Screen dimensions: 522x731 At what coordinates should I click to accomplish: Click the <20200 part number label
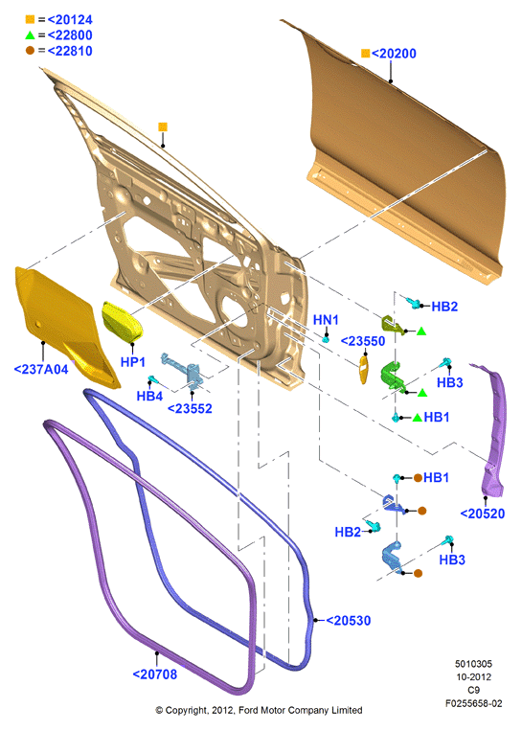pyautogui.click(x=394, y=54)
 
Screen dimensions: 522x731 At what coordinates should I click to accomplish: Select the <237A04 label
pyautogui.click(x=41, y=369)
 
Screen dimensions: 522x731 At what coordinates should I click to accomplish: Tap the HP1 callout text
pyautogui.click(x=133, y=362)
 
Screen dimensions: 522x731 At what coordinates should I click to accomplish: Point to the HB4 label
pyautogui.click(x=149, y=396)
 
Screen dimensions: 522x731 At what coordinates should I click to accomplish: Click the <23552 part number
pyautogui.click(x=190, y=408)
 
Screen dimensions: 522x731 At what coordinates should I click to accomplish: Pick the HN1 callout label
pyautogui.click(x=326, y=320)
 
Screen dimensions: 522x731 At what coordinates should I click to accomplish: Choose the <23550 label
pyautogui.click(x=363, y=341)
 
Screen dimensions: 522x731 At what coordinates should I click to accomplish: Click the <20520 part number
pyautogui.click(x=483, y=514)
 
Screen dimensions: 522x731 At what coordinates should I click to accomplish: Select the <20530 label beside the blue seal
pyautogui.click(x=348, y=621)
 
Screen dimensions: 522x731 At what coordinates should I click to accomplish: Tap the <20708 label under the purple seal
pyautogui.click(x=155, y=674)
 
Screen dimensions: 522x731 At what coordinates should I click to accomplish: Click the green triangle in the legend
pyautogui.click(x=31, y=34)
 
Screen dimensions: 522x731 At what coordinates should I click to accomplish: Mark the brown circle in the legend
pyautogui.click(x=31, y=51)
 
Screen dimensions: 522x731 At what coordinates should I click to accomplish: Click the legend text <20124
pyautogui.click(x=70, y=19)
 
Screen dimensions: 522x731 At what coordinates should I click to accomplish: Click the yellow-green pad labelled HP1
pyautogui.click(x=122, y=322)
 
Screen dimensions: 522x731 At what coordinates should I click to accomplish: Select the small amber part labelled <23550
pyautogui.click(x=364, y=370)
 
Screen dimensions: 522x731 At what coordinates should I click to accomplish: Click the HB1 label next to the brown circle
pyautogui.click(x=436, y=477)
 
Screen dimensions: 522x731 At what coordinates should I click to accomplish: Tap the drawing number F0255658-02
pyautogui.click(x=473, y=703)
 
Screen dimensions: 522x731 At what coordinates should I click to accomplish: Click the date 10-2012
pyautogui.click(x=473, y=677)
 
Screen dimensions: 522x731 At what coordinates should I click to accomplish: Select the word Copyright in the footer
pyautogui.click(x=187, y=710)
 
